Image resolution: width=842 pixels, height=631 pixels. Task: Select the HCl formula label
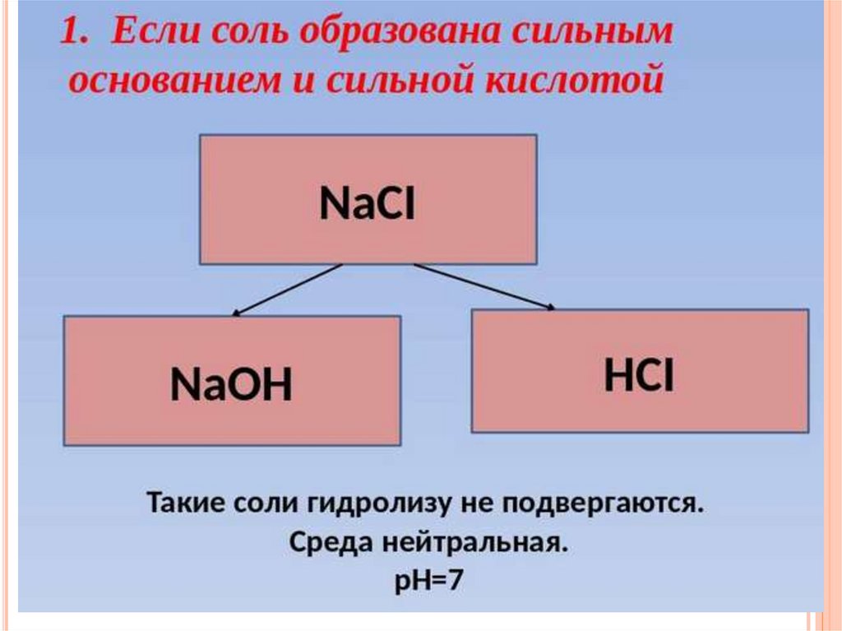(x=639, y=376)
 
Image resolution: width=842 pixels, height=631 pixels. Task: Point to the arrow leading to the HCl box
(x=484, y=287)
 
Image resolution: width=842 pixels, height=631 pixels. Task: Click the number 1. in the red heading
(x=77, y=34)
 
